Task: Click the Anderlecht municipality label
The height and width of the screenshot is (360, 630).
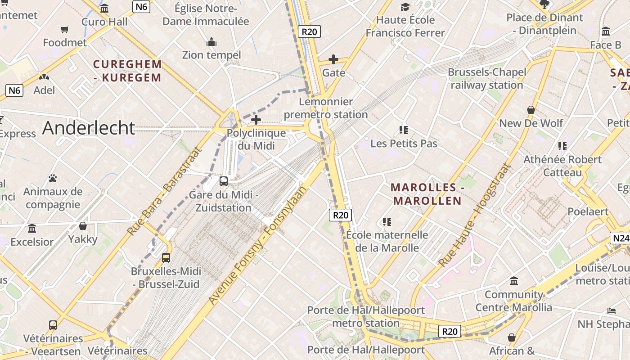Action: click(89, 128)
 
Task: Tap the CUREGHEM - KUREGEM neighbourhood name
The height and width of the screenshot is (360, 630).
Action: click(127, 71)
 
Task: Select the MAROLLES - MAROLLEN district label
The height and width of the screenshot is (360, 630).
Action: click(427, 194)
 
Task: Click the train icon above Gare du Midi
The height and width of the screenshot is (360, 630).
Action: click(224, 181)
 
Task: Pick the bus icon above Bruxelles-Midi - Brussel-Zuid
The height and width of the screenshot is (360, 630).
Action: click(166, 258)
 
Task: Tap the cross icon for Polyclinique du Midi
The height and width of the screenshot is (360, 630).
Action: click(256, 120)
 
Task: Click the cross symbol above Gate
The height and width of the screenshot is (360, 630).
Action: click(333, 59)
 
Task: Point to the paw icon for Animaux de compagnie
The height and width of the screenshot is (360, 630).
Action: click(53, 178)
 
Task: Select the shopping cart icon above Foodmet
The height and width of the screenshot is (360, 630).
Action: click(65, 30)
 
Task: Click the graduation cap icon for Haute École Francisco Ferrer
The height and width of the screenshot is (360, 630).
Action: click(405, 7)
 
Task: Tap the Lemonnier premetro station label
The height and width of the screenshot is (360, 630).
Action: click(326, 108)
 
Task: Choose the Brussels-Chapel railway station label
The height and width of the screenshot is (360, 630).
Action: click(486, 79)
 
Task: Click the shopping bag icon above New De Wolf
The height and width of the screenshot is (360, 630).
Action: click(531, 110)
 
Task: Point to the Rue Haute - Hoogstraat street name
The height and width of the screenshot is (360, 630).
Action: click(475, 215)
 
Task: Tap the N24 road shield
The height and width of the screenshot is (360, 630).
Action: click(620, 238)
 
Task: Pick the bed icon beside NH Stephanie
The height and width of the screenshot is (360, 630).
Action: click(611, 310)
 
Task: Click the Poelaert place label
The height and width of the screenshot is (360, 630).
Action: click(588, 211)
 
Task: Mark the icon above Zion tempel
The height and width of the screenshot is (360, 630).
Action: click(211, 42)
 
